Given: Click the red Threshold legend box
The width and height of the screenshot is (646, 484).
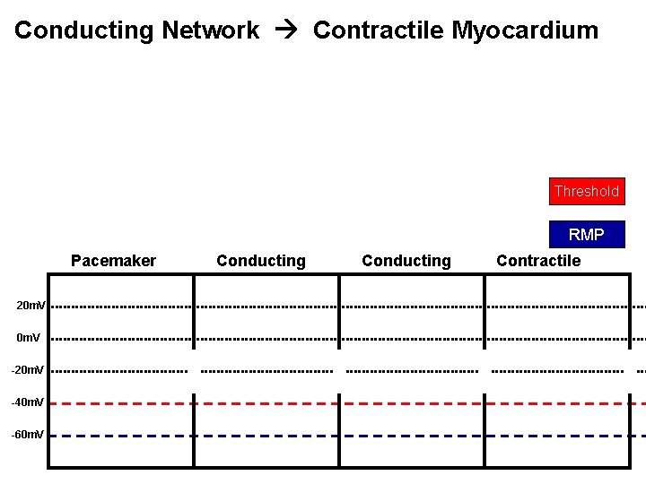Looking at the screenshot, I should [587, 191].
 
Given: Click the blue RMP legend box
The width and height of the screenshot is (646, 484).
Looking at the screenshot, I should [587, 235].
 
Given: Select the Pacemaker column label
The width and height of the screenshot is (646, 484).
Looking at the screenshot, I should [113, 261].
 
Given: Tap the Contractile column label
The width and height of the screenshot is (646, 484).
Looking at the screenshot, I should [538, 261].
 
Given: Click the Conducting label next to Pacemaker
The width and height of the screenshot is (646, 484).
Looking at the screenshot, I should [261, 261].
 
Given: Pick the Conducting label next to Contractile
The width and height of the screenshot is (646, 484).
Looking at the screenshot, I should [406, 261].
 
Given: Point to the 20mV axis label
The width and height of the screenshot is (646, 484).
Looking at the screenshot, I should [31, 306].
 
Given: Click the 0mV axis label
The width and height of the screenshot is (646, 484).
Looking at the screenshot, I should [29, 338].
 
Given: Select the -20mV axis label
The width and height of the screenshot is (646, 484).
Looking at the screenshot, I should [28, 370].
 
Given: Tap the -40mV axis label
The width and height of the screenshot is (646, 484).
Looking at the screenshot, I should [28, 402].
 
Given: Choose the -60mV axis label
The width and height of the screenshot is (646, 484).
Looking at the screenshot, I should [28, 435].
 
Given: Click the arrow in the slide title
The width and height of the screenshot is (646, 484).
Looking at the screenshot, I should [286, 30].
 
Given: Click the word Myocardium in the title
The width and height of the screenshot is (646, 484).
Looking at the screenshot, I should [525, 30].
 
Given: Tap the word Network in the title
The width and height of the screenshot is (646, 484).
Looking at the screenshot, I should [211, 30].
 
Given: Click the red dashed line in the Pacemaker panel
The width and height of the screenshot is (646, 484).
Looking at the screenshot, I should [121, 403].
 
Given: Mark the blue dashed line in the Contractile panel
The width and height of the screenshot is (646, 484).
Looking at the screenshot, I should [556, 436].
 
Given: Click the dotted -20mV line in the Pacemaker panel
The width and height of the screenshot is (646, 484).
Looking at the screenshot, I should [121, 370].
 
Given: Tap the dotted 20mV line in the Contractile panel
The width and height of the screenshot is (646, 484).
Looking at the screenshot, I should [556, 307].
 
